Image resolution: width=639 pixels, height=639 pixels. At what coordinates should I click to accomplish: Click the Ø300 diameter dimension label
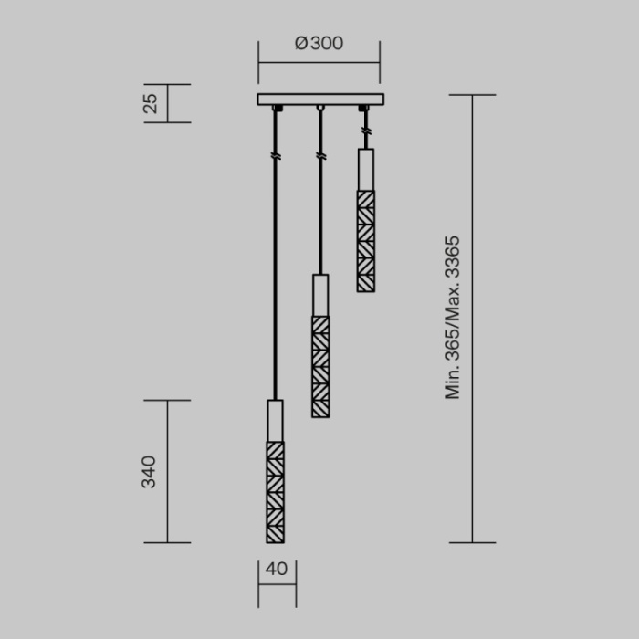(319, 43)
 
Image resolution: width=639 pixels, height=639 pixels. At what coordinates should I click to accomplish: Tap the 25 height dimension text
(152, 102)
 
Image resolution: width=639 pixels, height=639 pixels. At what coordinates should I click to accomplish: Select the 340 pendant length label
(149, 471)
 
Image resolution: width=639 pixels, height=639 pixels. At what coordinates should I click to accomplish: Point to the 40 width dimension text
(277, 569)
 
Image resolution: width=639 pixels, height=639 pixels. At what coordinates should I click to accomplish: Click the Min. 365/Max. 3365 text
(453, 318)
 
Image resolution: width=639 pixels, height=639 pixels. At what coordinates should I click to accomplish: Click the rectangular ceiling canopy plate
(319, 100)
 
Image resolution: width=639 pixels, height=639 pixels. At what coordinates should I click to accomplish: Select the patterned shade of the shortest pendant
(366, 241)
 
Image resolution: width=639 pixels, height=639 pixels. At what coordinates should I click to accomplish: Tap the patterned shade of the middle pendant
(320, 366)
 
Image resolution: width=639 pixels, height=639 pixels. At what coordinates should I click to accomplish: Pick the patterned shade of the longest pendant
(275, 492)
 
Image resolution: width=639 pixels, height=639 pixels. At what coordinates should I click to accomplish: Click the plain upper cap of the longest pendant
(275, 420)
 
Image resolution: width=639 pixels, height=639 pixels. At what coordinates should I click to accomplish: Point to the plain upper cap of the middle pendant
(320, 295)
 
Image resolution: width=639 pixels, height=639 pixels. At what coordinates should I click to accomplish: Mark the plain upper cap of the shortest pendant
(366, 169)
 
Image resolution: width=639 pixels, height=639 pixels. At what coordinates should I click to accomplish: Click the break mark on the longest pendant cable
(275, 157)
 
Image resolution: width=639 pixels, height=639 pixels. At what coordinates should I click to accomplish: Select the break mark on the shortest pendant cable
(366, 133)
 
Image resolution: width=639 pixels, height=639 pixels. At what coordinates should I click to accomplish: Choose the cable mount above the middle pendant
(320, 109)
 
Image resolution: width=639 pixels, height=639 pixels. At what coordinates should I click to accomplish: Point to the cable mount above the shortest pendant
(365, 109)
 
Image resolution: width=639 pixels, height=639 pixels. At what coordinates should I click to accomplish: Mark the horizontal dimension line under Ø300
(319, 62)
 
